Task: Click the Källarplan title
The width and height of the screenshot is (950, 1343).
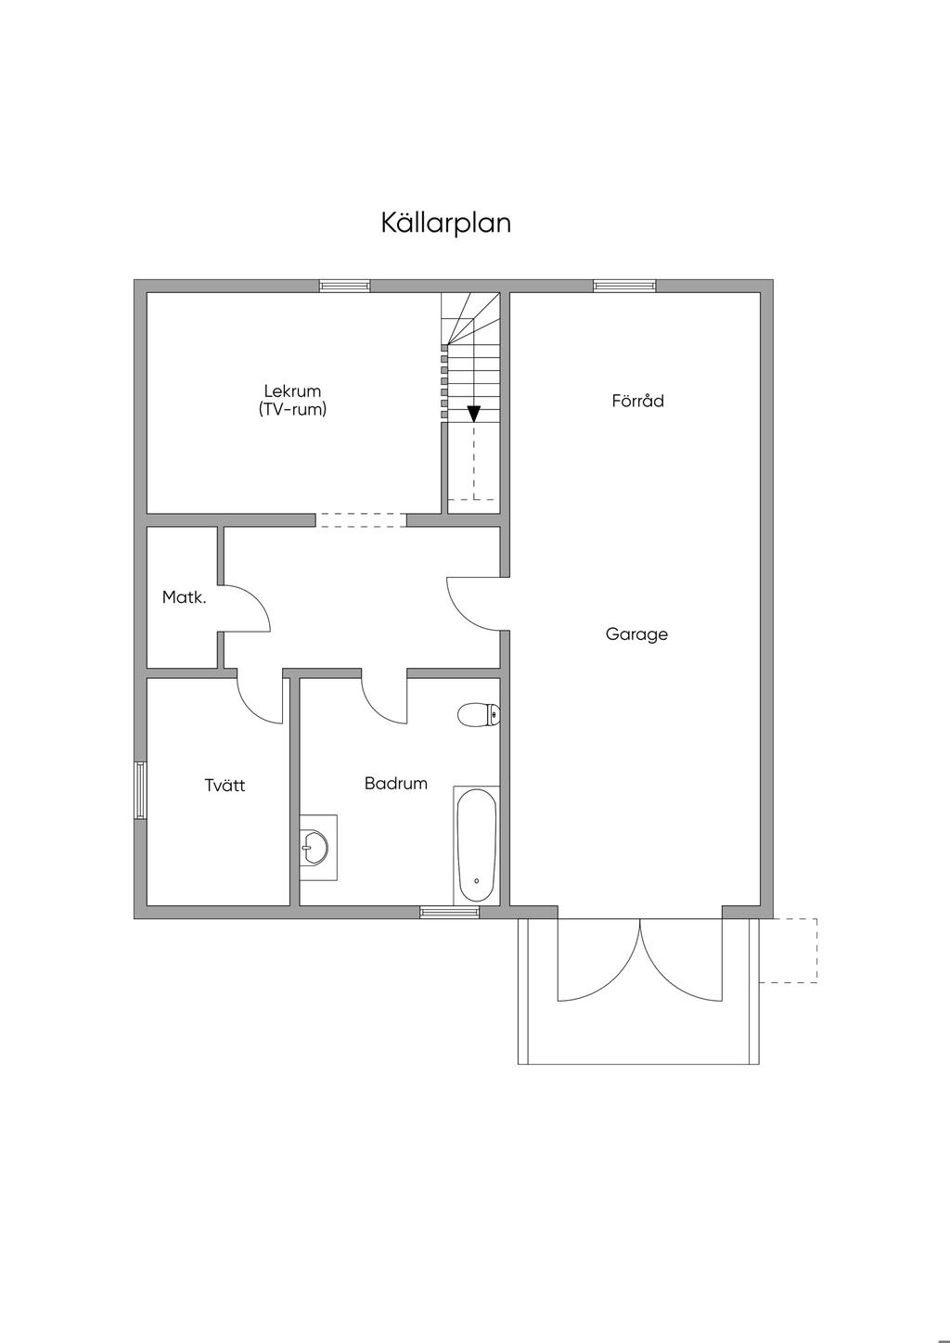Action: coord(445,223)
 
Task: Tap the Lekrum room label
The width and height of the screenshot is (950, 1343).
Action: coord(292,390)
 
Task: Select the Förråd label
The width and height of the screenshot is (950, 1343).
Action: coord(637,400)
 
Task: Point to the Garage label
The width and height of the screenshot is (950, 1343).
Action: coord(636,634)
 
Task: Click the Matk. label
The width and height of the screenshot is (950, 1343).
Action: coord(184,597)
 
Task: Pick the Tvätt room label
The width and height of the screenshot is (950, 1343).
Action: coord(225,785)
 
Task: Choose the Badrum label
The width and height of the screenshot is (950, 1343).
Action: coord(396,783)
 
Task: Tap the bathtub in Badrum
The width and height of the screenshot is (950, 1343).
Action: coord(476,846)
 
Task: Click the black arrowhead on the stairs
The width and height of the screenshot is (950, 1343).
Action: coord(474,414)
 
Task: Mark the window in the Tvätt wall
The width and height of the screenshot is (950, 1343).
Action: coord(140,789)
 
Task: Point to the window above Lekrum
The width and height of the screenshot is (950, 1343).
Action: coord(344,286)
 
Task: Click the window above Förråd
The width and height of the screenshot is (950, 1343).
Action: coord(624,286)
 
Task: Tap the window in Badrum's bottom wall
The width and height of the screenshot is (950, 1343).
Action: coord(449,912)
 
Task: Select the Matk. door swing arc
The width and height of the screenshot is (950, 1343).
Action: coord(261,601)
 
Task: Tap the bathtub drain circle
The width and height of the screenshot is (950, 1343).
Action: coord(476,881)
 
